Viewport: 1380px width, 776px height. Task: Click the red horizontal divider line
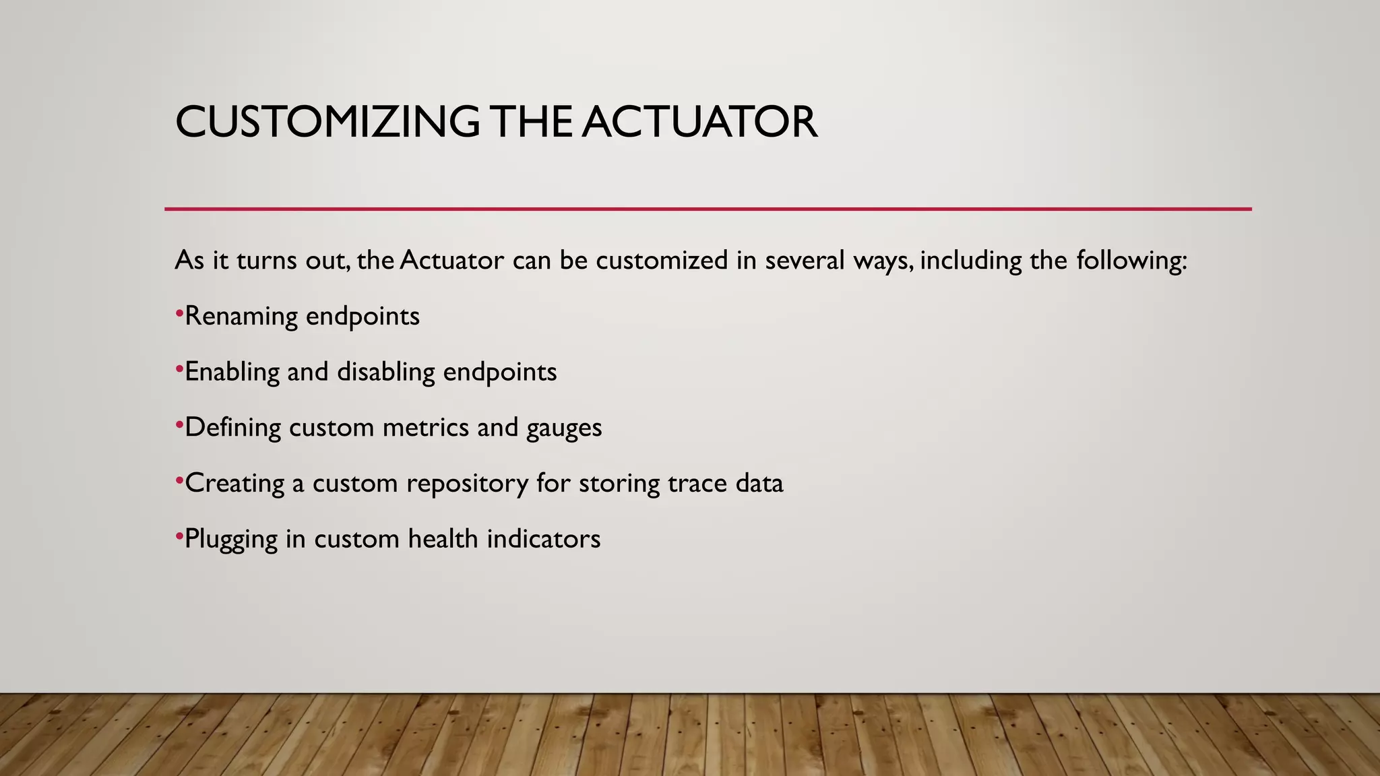click(x=708, y=209)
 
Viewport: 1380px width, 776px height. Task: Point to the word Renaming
click(x=241, y=317)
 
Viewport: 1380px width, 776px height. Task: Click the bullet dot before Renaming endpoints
click(x=179, y=313)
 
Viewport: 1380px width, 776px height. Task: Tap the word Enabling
click(x=232, y=373)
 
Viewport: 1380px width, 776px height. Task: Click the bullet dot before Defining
click(x=179, y=424)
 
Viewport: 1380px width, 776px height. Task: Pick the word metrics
click(x=426, y=428)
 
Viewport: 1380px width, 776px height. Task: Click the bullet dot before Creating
click(x=179, y=480)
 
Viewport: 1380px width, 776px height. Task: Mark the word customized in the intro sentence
click(x=662, y=261)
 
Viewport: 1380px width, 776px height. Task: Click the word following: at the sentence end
click(x=1131, y=261)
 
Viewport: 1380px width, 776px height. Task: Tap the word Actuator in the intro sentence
click(x=451, y=261)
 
